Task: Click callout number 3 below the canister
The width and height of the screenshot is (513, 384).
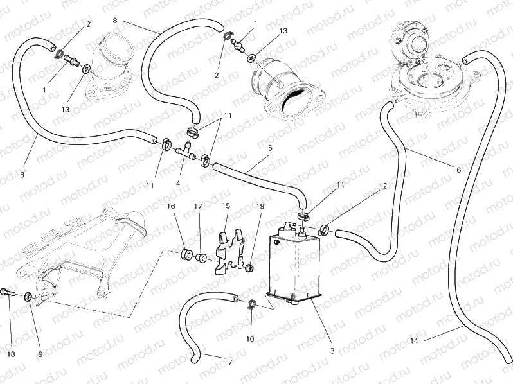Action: pos(332,351)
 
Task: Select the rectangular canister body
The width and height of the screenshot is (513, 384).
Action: pos(293,266)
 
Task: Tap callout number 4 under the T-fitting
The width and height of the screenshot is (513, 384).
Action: pos(178,183)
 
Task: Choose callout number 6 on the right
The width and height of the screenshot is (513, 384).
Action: pos(458,170)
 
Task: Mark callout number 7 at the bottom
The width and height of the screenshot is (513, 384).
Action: pos(230,362)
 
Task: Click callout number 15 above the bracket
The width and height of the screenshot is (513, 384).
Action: pos(226,206)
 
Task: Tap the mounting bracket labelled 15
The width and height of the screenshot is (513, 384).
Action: pos(228,252)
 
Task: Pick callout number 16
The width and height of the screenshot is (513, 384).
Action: pos(171,206)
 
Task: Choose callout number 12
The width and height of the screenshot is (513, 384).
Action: pos(382,186)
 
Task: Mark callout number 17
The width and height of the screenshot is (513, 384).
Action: pos(199,206)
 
